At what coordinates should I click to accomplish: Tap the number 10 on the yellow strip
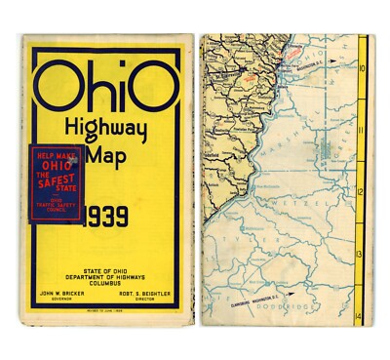363,68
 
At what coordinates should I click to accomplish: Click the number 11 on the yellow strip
363,130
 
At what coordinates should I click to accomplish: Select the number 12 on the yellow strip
363,191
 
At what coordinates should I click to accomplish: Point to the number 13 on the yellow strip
363,253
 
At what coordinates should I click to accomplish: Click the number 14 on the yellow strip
363,314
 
